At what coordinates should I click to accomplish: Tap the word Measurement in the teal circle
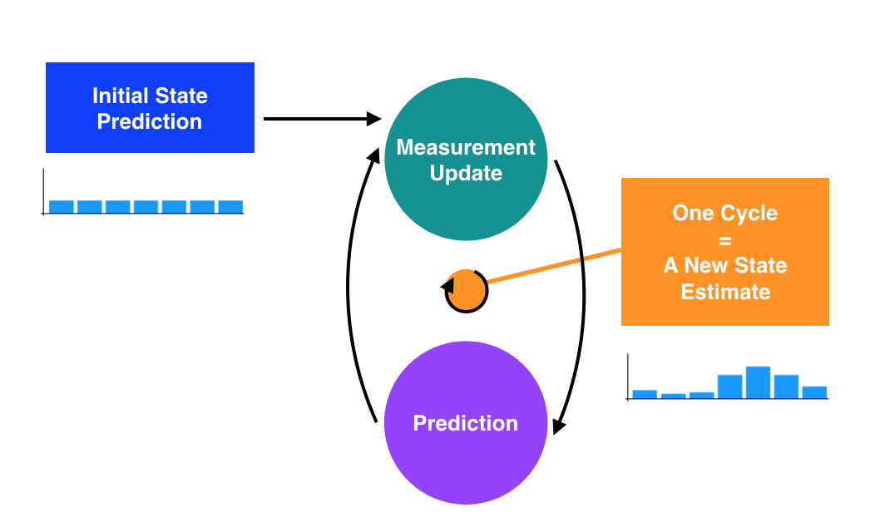466,148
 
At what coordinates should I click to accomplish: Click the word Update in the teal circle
466,174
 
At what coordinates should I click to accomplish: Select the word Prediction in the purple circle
466,423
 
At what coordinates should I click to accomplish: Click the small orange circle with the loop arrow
467,291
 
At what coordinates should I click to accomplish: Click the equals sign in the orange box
724,239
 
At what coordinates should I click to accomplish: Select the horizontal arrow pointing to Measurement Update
320,119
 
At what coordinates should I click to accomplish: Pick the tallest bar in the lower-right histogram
758,382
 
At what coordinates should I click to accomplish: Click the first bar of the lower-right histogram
645,394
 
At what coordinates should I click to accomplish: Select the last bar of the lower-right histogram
814,392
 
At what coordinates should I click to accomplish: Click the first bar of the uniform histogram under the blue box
62,206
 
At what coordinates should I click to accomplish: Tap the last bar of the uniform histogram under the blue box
230,206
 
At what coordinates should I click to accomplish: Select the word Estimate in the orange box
725,292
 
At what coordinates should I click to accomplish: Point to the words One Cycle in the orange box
724,213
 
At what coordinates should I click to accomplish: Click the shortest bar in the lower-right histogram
673,396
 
